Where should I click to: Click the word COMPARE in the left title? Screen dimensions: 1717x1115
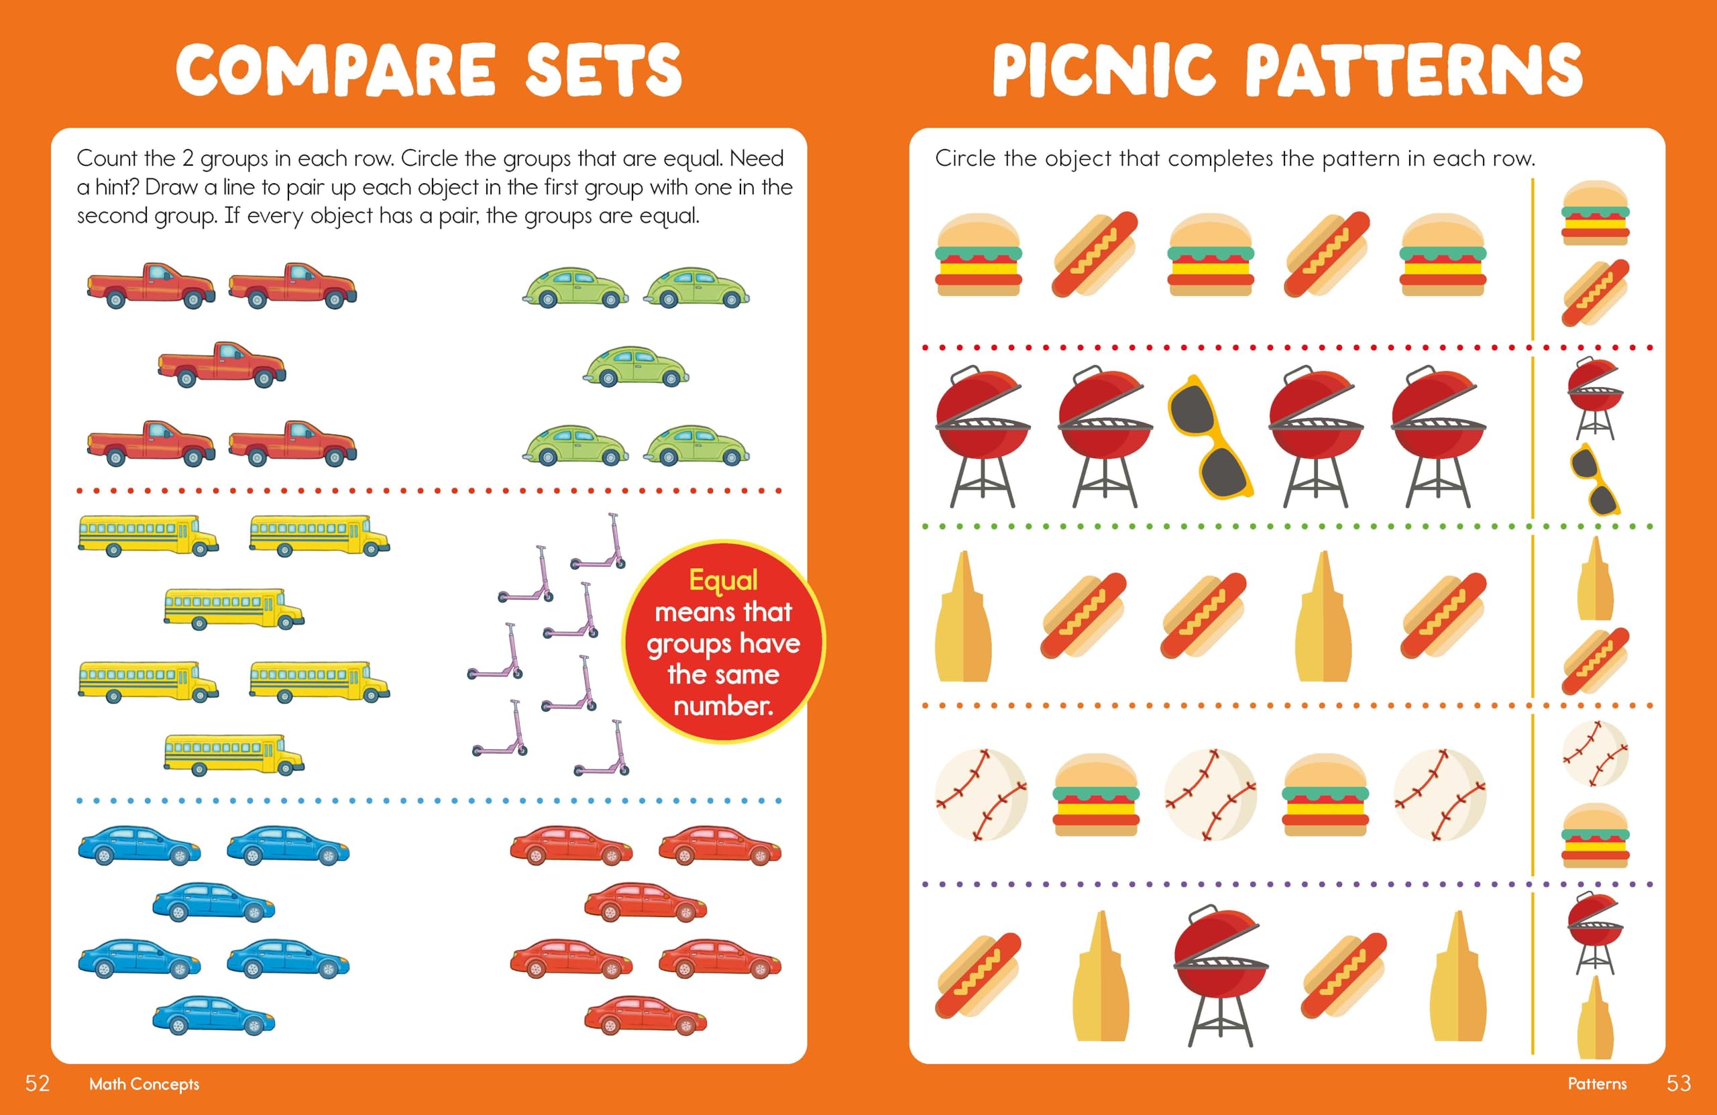[x=336, y=70]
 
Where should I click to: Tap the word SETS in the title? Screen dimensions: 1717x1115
[x=603, y=70]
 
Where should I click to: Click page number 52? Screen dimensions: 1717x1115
[x=38, y=1083]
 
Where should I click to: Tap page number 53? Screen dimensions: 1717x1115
[x=1679, y=1083]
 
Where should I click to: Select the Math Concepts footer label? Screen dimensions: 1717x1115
[x=144, y=1084]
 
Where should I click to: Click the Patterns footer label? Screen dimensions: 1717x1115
[x=1597, y=1084]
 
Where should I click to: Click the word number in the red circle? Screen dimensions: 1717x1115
[x=723, y=705]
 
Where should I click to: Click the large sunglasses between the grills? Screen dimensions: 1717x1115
[x=1210, y=436]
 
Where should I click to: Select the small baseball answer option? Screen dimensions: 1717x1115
[x=1595, y=753]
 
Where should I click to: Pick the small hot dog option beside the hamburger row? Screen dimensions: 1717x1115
[x=1595, y=293]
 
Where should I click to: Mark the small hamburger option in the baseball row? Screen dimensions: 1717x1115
[x=1595, y=835]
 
